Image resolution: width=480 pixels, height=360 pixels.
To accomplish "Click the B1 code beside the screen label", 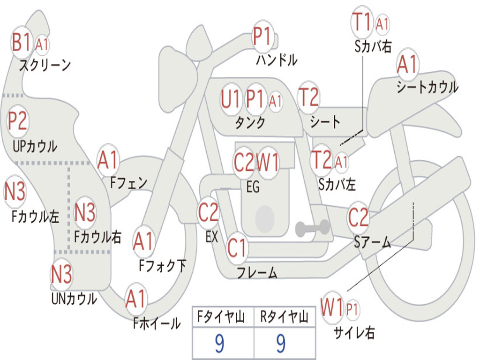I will (22, 43).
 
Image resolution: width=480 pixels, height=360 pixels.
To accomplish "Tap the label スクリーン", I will (45, 65).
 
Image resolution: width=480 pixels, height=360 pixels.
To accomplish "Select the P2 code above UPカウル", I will (17, 121).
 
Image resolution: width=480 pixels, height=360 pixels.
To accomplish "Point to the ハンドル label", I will (277, 60).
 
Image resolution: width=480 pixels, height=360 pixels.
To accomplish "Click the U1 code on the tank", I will (231, 99).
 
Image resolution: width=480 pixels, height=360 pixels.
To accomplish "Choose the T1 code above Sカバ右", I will (362, 22).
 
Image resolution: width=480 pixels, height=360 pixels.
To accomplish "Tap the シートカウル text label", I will (427, 87).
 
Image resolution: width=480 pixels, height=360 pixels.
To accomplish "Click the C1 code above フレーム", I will (237, 247).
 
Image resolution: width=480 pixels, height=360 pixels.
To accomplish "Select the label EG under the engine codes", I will (253, 187).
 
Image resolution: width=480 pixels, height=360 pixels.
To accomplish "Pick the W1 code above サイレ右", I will (332, 308).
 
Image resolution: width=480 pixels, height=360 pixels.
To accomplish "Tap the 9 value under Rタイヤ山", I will (281, 344).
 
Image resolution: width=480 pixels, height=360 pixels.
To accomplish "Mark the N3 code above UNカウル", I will (61, 275).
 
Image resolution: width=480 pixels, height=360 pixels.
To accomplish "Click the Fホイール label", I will (157, 323).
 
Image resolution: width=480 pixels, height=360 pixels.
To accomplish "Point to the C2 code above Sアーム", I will (359, 217).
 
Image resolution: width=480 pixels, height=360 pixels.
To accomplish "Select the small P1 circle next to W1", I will (352, 309).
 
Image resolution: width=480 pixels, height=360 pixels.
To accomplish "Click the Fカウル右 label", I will (97, 236).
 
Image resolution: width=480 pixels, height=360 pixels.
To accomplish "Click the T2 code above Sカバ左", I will (322, 160).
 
